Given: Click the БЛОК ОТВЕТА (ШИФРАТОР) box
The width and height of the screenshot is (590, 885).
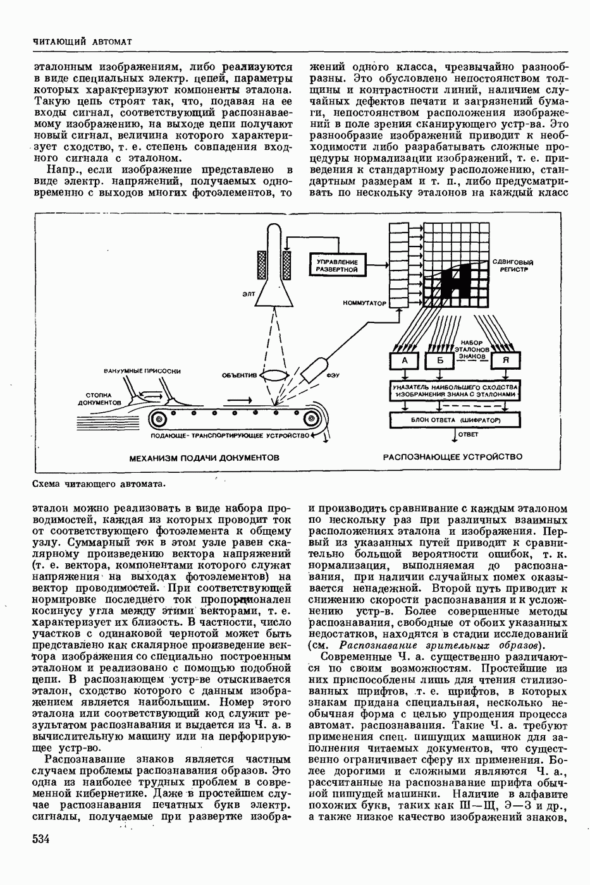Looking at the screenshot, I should (455, 420).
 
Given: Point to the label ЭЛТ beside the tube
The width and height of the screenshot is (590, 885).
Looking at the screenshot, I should (248, 293).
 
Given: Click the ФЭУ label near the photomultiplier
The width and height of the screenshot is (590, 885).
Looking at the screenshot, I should (333, 375).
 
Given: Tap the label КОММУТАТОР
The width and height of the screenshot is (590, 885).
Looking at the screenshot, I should (364, 303).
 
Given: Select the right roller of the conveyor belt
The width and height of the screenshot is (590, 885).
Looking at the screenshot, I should (311, 420).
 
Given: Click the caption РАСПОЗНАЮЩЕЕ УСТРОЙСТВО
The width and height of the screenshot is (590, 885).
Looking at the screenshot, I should (453, 456).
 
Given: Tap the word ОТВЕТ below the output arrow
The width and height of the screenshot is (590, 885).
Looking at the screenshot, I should (469, 434).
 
